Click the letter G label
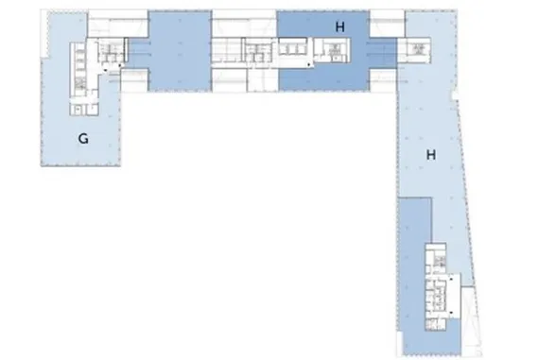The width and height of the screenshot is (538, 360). (83, 139)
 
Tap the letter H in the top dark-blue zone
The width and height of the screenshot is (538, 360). (340, 27)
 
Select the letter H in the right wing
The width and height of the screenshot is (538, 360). (431, 155)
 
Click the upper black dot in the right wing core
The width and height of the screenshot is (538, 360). (451, 280)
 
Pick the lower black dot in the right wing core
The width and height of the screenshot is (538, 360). (451, 313)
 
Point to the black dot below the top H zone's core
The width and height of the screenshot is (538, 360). (309, 64)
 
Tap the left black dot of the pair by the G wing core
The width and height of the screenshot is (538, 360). (106, 70)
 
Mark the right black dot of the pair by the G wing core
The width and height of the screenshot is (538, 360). (120, 65)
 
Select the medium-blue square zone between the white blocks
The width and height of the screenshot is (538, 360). (180, 51)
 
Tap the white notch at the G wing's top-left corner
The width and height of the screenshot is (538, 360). (43, 33)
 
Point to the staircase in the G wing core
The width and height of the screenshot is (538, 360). (80, 82)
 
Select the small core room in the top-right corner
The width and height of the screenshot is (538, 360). (418, 50)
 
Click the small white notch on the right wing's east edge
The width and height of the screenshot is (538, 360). (455, 95)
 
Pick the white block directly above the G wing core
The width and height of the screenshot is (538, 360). (118, 24)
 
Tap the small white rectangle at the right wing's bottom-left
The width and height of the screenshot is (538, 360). (400, 344)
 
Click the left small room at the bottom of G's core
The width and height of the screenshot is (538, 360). (78, 110)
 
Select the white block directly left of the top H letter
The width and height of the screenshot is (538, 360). (244, 24)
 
